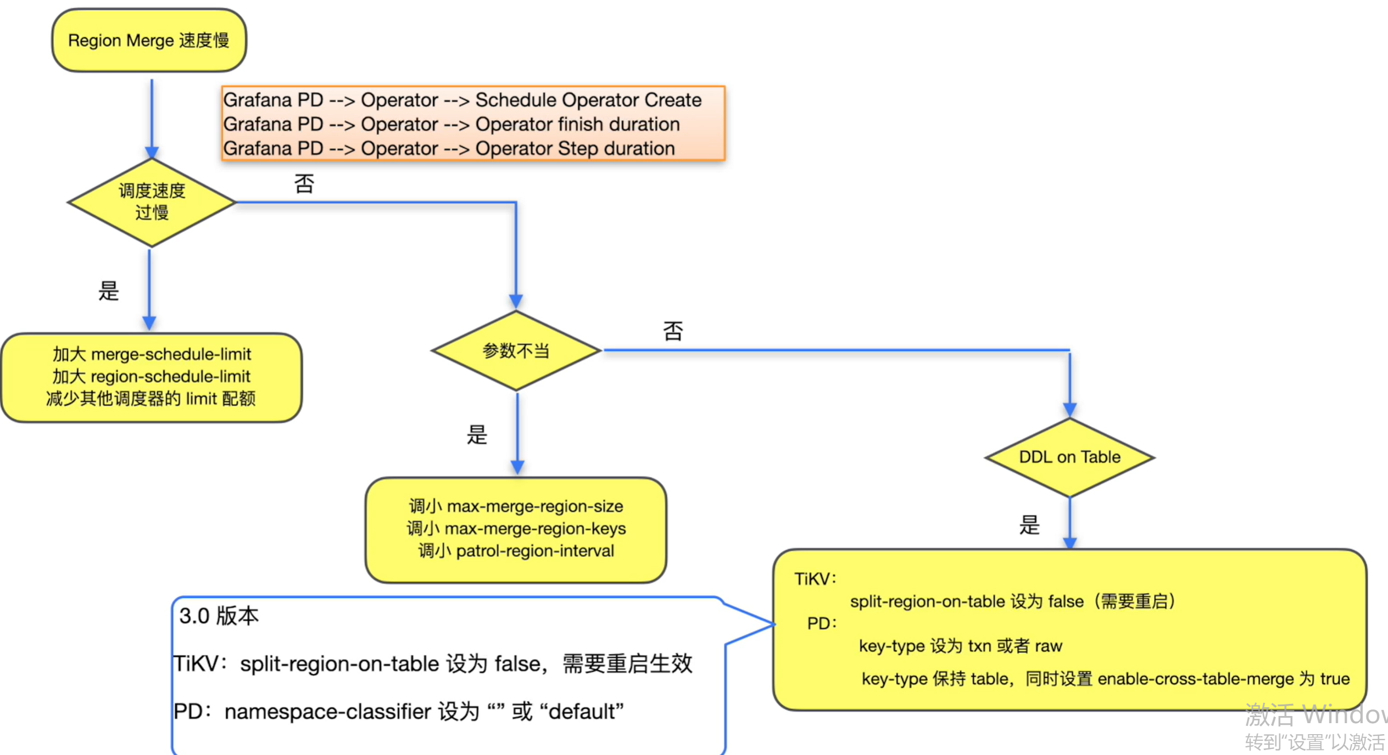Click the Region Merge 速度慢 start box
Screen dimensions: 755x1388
pos(149,40)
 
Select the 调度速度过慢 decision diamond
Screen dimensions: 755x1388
pos(152,202)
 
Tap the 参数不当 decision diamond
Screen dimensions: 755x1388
pos(516,350)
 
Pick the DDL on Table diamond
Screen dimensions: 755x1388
pos(1069,457)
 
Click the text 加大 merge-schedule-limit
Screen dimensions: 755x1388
pos(152,354)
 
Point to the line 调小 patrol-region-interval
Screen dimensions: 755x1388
pos(516,551)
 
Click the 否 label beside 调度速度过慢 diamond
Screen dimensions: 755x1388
pos(304,183)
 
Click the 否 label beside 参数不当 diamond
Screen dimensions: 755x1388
pos(673,331)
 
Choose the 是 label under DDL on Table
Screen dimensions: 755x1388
pos(1029,525)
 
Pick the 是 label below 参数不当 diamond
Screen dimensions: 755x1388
pos(477,435)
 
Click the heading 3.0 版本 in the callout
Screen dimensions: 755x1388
pos(219,616)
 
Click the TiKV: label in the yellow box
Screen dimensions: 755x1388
pos(815,579)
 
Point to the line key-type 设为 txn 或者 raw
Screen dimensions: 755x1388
pos(960,646)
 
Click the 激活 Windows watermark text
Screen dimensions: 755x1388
pos(1316,714)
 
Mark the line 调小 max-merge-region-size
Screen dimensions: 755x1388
pos(516,506)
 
